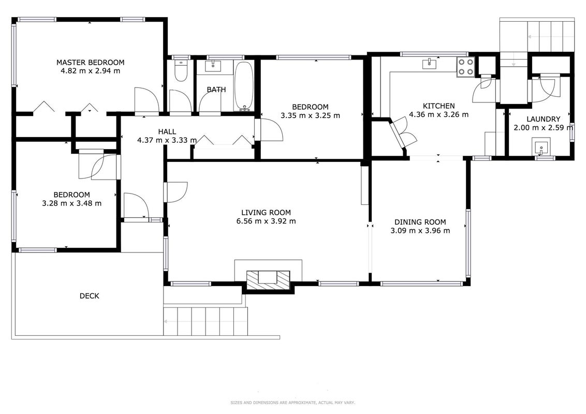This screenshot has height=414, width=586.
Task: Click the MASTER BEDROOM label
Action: (x=90, y=63)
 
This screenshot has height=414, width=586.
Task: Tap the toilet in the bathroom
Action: (x=181, y=71)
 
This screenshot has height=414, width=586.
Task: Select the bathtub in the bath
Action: (x=244, y=86)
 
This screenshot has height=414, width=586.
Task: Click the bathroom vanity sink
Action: (x=213, y=66)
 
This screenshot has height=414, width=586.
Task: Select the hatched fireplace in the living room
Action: (x=268, y=280)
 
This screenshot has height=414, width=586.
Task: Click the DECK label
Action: (x=90, y=296)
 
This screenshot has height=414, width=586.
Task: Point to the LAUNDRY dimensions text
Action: (x=544, y=128)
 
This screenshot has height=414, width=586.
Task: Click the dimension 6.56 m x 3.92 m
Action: (x=266, y=221)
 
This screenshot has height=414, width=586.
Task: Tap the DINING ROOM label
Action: (x=420, y=222)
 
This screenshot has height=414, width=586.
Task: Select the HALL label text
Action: (x=167, y=131)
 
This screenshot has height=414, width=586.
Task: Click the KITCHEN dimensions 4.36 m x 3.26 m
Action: (x=439, y=115)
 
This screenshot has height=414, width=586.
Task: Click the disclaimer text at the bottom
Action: (x=292, y=403)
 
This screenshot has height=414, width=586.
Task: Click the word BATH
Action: (x=216, y=90)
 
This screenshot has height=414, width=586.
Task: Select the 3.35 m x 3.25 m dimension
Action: (x=310, y=116)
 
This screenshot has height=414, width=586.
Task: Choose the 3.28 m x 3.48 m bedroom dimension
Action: (x=72, y=204)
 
